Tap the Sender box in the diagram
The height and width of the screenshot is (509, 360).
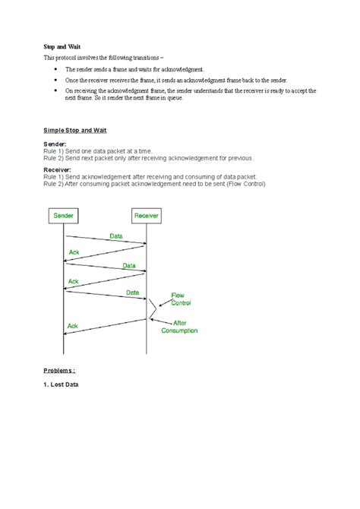[x=64, y=216]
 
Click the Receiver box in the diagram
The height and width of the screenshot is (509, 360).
[x=147, y=216]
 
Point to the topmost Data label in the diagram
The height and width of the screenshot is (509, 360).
[x=115, y=236]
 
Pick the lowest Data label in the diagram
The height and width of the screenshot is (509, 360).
[x=132, y=292]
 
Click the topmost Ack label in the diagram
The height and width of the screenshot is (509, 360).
[x=74, y=251]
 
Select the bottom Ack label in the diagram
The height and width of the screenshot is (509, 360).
[x=73, y=326]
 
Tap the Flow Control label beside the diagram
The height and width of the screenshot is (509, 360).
[x=180, y=299]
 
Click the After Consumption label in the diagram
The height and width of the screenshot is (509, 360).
[x=180, y=327]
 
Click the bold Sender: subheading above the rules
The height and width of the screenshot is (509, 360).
[x=55, y=144]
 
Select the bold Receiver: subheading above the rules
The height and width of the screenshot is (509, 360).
[x=58, y=171]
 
